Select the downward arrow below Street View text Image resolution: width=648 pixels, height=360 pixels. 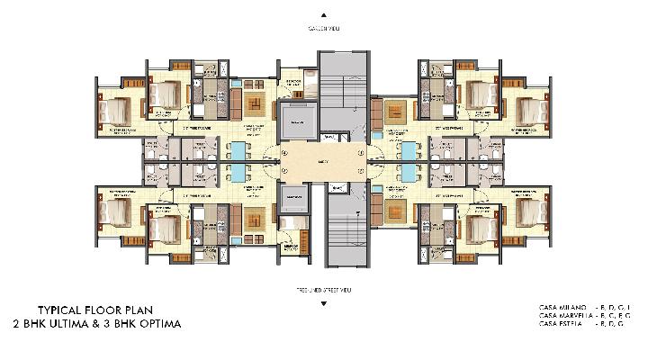323,303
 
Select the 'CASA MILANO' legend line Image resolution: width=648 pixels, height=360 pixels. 580,306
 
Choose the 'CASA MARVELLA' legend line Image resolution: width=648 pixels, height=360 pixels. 580,315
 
